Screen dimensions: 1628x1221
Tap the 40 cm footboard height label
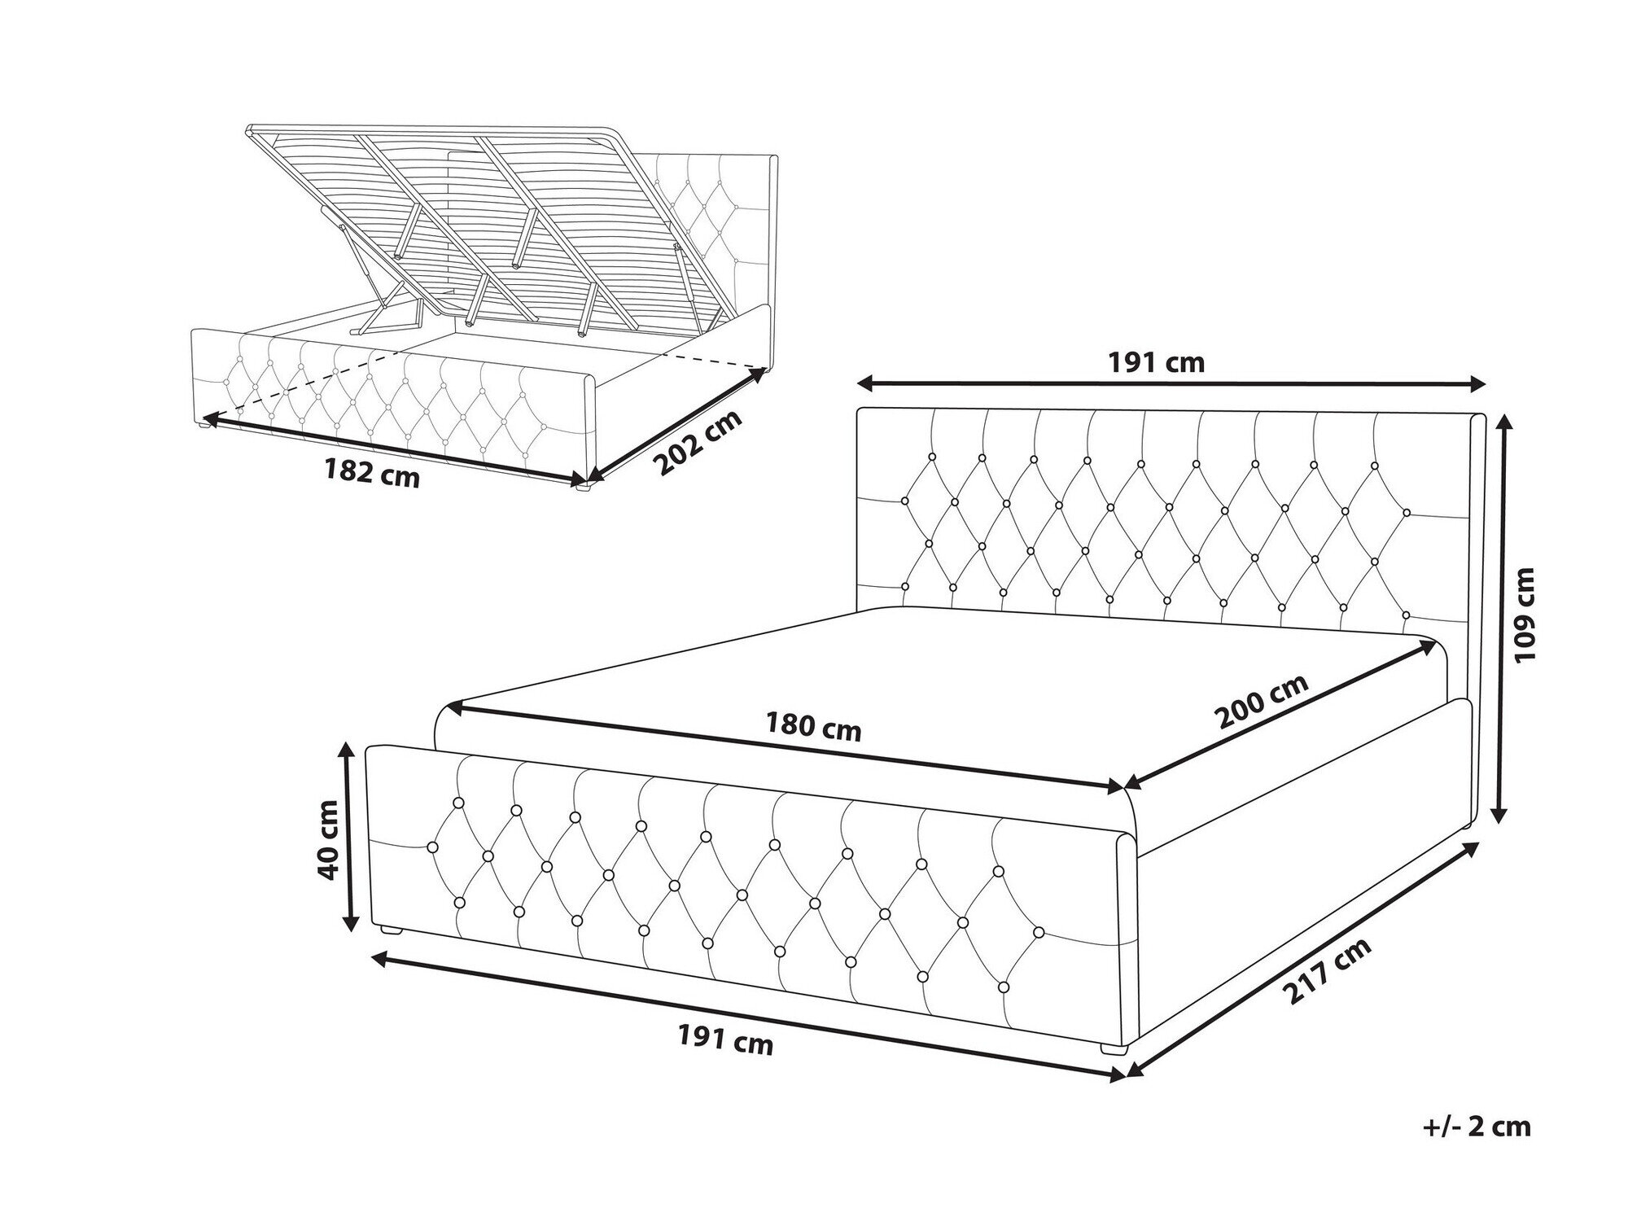(330, 839)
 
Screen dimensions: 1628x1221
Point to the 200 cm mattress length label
(1262, 702)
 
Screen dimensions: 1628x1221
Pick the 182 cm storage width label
(372, 473)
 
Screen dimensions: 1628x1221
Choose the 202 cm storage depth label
(699, 443)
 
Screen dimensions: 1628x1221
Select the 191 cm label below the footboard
(725, 1039)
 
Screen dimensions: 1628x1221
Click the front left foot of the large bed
(392, 930)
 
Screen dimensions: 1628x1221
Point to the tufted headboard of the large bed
(1172, 521)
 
